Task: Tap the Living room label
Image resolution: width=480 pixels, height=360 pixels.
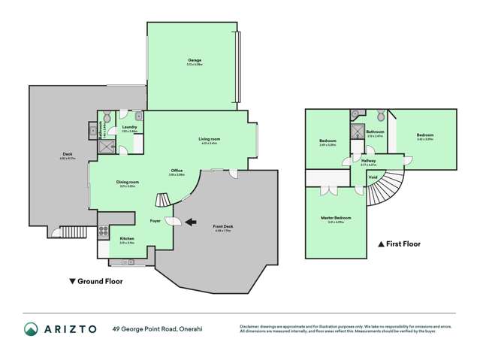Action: (x=209, y=140)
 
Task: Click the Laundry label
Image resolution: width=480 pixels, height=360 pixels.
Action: (x=129, y=128)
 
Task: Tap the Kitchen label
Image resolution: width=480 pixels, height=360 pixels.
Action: (x=127, y=239)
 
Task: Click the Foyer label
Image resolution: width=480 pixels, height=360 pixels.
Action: (x=155, y=221)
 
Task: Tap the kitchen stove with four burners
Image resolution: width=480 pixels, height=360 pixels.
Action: (x=103, y=232)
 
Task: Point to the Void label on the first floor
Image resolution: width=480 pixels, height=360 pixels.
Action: (x=373, y=177)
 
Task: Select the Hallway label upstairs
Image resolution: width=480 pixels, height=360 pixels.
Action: (x=368, y=160)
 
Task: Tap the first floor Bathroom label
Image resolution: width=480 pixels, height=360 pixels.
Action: (x=375, y=132)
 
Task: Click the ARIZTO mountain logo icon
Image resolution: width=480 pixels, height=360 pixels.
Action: (x=31, y=329)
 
